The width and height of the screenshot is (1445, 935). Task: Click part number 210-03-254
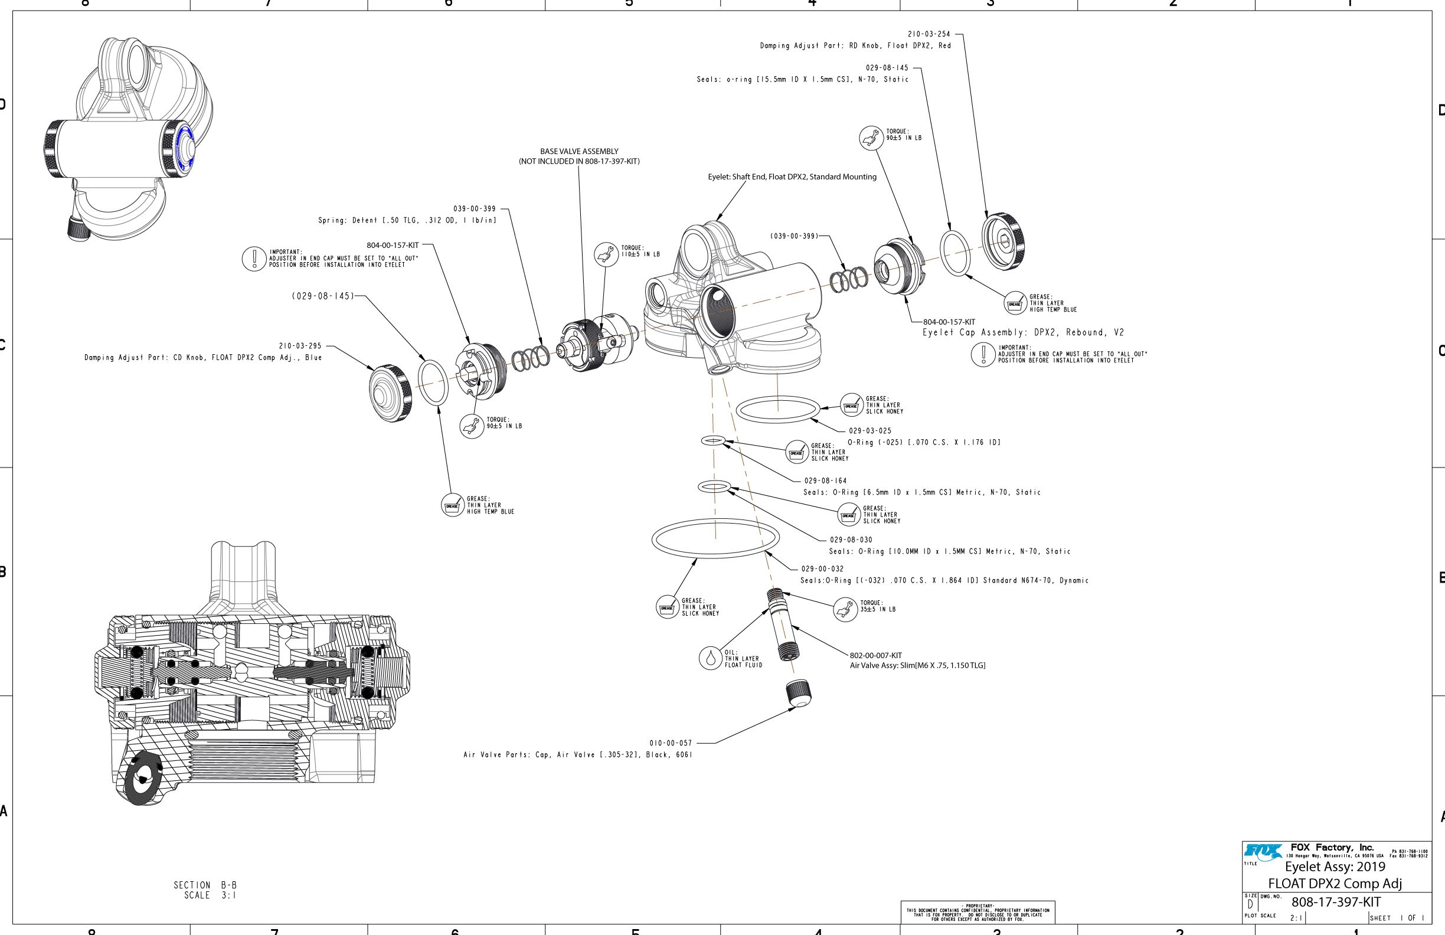pos(929,35)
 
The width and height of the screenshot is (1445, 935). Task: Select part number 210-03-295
pos(300,346)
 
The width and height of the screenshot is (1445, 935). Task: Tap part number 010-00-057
pos(671,743)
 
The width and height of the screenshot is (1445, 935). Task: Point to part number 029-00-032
pos(822,569)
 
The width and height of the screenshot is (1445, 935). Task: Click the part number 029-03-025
pos(870,431)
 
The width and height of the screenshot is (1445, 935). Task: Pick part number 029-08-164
pos(825,481)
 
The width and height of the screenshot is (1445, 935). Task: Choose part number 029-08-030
pos(851,540)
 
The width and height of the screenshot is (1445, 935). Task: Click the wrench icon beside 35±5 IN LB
pos(845,610)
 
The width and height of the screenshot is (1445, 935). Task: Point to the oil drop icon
pos(710,658)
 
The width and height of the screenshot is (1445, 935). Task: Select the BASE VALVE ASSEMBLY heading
pos(579,152)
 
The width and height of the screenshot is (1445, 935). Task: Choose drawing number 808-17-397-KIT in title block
pos(1336,902)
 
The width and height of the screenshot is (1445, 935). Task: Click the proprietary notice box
pos(977,913)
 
